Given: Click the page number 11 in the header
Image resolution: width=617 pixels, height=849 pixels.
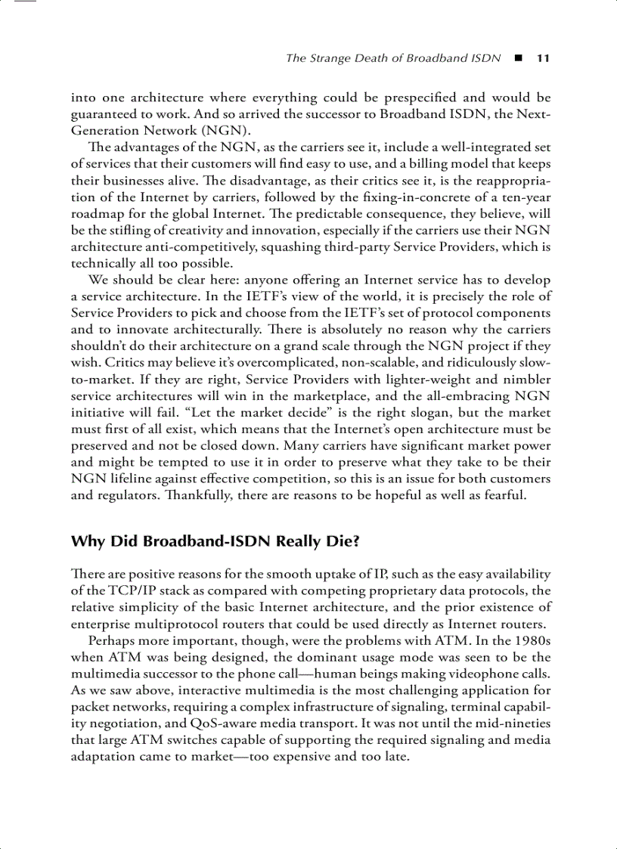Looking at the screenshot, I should pyautogui.click(x=542, y=58).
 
